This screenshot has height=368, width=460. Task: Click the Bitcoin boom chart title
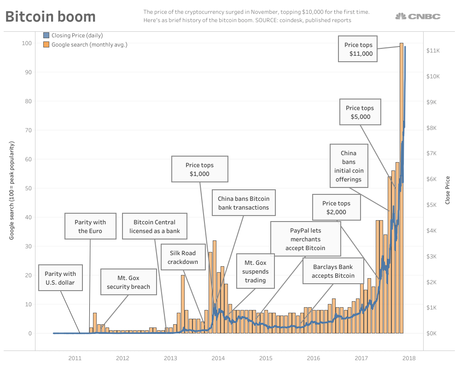51,17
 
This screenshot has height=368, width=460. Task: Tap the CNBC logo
418,17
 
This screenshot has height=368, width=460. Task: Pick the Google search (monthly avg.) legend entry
85,45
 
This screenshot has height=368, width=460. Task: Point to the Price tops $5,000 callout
360,112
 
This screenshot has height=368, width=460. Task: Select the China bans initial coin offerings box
349,166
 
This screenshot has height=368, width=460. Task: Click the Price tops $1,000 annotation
199,169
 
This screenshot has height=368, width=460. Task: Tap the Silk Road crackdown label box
182,257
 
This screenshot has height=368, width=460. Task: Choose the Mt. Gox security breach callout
128,282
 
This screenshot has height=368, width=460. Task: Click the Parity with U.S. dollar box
60,278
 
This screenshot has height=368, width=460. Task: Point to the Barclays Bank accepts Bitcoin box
333,271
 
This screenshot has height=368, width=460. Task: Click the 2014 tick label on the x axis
218,358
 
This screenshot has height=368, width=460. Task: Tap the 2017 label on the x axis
361,358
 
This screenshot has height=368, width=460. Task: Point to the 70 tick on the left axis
28,130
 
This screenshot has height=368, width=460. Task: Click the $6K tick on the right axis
434,179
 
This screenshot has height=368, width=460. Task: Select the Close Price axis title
447,190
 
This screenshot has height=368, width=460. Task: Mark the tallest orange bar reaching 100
402,184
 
